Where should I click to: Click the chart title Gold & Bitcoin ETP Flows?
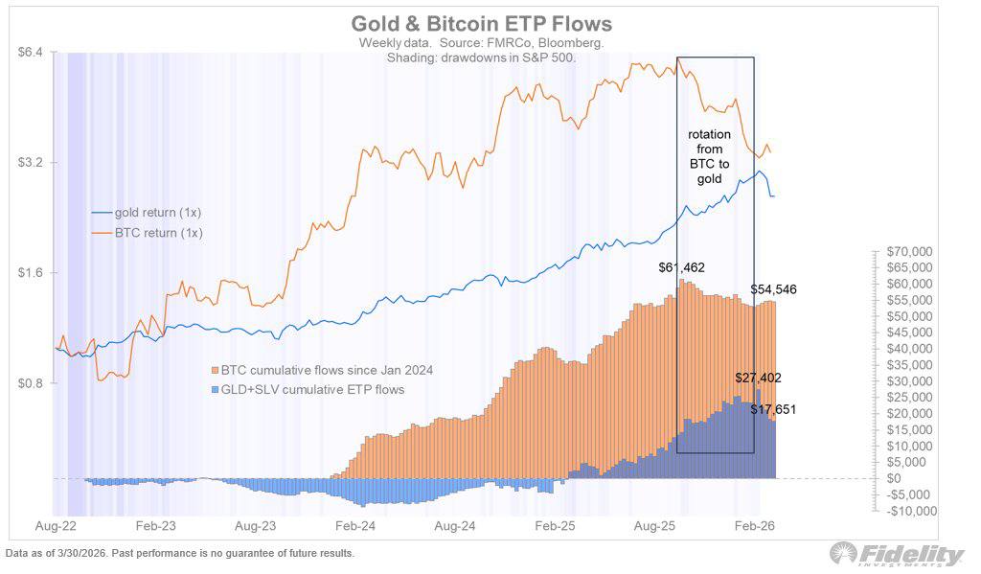(x=481, y=23)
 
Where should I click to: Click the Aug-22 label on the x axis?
(x=57, y=526)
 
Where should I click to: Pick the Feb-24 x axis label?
(x=355, y=526)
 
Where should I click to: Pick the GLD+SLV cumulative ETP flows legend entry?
(x=308, y=389)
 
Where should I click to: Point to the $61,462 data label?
(x=682, y=268)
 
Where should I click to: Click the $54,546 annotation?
(x=774, y=288)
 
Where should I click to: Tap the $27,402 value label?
(x=759, y=379)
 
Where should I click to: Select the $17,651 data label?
(x=773, y=409)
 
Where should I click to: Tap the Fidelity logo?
(x=899, y=555)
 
